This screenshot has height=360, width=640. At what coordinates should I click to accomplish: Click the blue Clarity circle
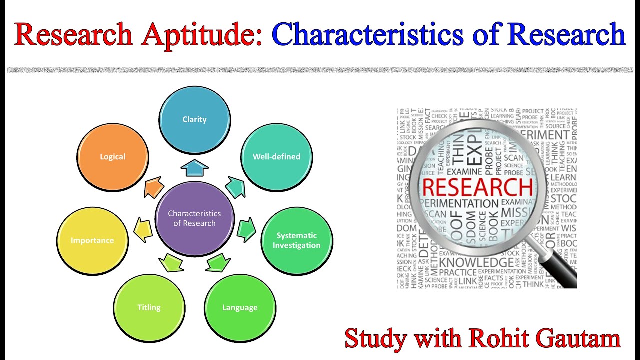coord(195,119)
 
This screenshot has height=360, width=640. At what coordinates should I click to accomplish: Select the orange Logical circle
coord(113,156)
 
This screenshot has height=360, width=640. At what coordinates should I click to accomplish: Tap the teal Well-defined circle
coord(276,156)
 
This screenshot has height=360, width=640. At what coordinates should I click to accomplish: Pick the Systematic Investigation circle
coord(296,240)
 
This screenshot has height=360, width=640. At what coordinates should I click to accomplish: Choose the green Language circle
coord(240,307)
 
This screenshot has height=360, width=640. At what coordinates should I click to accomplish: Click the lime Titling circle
coord(149,307)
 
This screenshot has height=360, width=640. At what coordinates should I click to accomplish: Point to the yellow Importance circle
coord(92,240)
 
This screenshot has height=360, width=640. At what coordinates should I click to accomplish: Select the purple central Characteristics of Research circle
coord(195,218)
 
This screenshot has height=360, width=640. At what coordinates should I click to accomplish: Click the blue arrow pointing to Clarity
coord(194,168)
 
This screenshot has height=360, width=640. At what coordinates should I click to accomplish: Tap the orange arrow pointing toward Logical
coord(154,188)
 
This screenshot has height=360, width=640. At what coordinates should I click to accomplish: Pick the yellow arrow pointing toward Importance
coord(143,229)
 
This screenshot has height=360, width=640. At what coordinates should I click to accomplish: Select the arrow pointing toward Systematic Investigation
coord(246,229)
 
